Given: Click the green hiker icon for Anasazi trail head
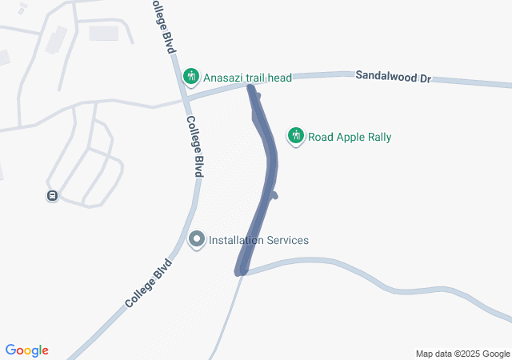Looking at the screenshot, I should point(190,77).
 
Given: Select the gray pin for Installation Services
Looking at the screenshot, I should point(197,239).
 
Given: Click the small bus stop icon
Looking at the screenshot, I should point(52,195).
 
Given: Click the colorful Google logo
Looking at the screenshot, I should point(27,350).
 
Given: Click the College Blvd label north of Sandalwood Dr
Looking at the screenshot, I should point(162,26).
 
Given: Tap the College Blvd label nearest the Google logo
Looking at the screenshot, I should point(149,283).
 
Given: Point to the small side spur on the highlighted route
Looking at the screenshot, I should point(274,194).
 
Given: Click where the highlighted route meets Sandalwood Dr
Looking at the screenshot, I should point(251,86).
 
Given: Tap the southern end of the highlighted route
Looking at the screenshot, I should point(239,272).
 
